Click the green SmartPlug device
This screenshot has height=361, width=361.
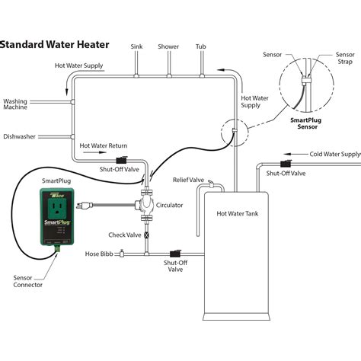coord(57,218)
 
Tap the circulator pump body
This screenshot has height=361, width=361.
coord(146,205)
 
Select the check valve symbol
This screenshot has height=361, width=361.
coord(146,235)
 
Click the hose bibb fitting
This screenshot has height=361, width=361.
coord(122,253)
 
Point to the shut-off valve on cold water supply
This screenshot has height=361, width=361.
coord(286,164)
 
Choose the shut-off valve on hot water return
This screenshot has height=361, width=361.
coord(122,160)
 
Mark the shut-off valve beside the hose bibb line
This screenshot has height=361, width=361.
coord(175,254)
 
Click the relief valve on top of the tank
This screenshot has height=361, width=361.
coord(211,184)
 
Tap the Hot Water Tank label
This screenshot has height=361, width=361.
coord(238,213)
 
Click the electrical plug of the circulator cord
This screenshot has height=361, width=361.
coord(85,205)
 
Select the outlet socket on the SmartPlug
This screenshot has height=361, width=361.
coord(57,208)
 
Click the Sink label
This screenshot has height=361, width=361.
coord(136,46)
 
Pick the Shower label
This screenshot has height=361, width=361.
coord(168,46)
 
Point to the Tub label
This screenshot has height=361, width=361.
coord(201,46)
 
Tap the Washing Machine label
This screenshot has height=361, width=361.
coord(15,104)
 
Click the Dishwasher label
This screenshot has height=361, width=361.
coord(19,136)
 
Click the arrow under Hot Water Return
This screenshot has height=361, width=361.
coord(94,152)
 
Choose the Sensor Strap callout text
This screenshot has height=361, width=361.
coord(345,58)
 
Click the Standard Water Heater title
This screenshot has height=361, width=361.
coord(55,45)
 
